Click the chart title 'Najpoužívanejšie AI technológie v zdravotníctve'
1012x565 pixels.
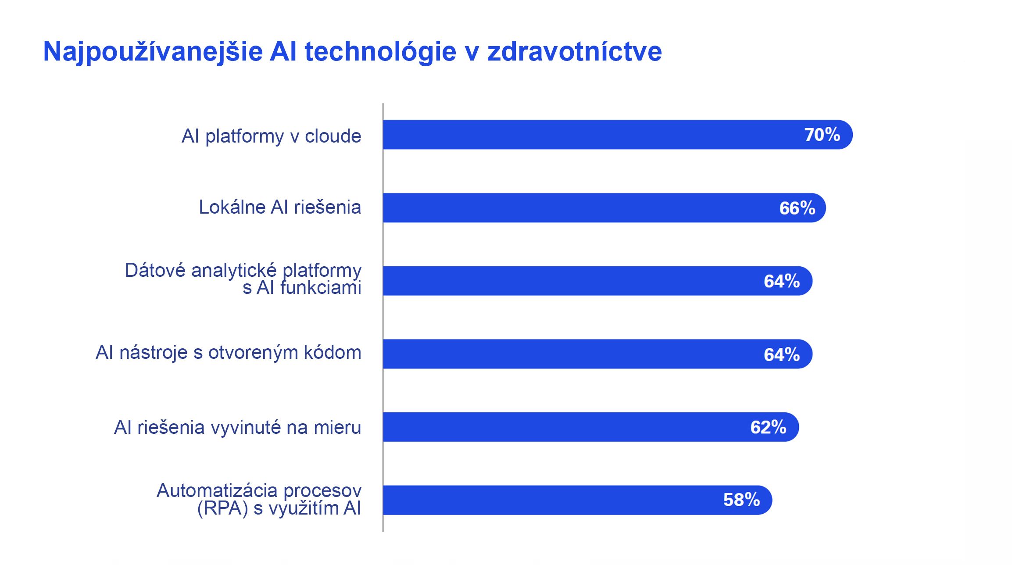click(x=352, y=52)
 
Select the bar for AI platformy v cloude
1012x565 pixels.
click(x=592, y=135)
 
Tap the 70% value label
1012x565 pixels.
click(x=822, y=135)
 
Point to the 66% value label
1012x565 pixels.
click(x=797, y=208)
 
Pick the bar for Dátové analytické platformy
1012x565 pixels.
click(x=570, y=281)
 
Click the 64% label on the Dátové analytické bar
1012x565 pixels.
click(x=781, y=281)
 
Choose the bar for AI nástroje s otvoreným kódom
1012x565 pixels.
click(x=570, y=354)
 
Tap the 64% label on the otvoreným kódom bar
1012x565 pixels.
click(x=781, y=354)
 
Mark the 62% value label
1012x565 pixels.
click(x=768, y=427)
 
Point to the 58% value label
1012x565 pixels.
click(x=741, y=500)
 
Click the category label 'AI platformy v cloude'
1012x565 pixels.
click(x=271, y=136)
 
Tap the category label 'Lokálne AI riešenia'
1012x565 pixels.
click(x=280, y=207)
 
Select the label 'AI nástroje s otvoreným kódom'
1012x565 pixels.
click(x=228, y=353)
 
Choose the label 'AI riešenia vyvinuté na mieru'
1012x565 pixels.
click(x=237, y=427)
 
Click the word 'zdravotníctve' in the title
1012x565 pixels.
click(x=574, y=52)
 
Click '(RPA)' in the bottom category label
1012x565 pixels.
click(x=222, y=508)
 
